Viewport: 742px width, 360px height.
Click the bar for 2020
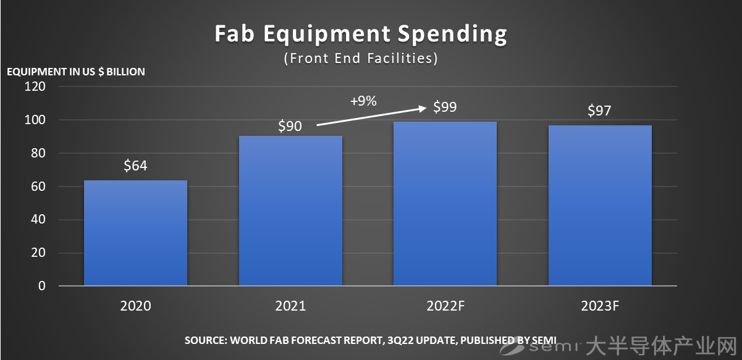[135, 233]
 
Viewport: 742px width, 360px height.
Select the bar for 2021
[290, 211]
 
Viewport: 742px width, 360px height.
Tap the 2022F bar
[445, 204]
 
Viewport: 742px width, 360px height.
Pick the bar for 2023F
[600, 206]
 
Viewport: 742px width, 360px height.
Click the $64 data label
[135, 165]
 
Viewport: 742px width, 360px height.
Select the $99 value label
[445, 107]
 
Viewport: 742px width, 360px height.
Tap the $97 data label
[600, 111]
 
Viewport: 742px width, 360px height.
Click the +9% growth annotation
[363, 101]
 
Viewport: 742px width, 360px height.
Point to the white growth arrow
[371, 117]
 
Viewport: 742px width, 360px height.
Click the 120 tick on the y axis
[35, 86]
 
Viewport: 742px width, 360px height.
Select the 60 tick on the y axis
[38, 186]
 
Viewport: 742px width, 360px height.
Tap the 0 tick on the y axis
[42, 286]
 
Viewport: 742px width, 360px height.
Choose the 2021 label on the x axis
[290, 306]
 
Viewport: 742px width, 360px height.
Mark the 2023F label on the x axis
[600, 306]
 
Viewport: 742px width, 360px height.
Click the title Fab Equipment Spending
[361, 34]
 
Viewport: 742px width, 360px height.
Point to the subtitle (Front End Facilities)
[361, 59]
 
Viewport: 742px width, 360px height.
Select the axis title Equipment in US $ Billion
[76, 72]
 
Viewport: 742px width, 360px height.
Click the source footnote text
[371, 340]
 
